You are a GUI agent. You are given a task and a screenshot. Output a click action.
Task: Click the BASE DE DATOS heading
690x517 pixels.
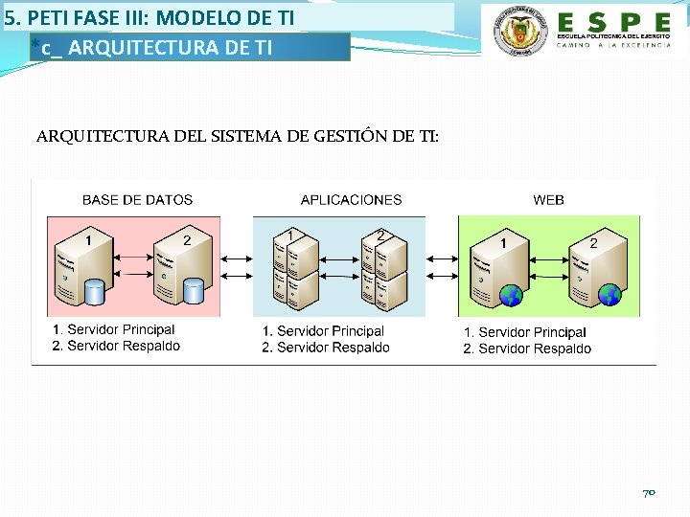(137, 200)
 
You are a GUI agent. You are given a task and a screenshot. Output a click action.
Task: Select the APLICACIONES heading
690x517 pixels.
(351, 200)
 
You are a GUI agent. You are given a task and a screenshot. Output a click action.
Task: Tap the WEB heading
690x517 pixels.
(548, 200)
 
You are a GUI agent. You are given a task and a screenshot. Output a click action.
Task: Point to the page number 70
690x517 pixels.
(648, 492)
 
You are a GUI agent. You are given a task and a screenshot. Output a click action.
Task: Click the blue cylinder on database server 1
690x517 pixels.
(94, 291)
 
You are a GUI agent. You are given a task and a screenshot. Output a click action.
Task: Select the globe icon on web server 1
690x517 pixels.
(511, 295)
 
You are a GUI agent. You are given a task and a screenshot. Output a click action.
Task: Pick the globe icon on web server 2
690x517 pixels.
(610, 295)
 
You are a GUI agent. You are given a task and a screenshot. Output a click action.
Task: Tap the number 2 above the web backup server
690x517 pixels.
(593, 243)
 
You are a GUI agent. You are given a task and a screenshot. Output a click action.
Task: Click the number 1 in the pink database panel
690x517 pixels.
(89, 240)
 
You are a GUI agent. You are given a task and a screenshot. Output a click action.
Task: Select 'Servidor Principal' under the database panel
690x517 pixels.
(121, 330)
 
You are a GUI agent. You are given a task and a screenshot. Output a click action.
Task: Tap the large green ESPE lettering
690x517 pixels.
(613, 22)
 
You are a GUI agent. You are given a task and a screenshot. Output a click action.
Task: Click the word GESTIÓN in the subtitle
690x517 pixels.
(351, 136)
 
